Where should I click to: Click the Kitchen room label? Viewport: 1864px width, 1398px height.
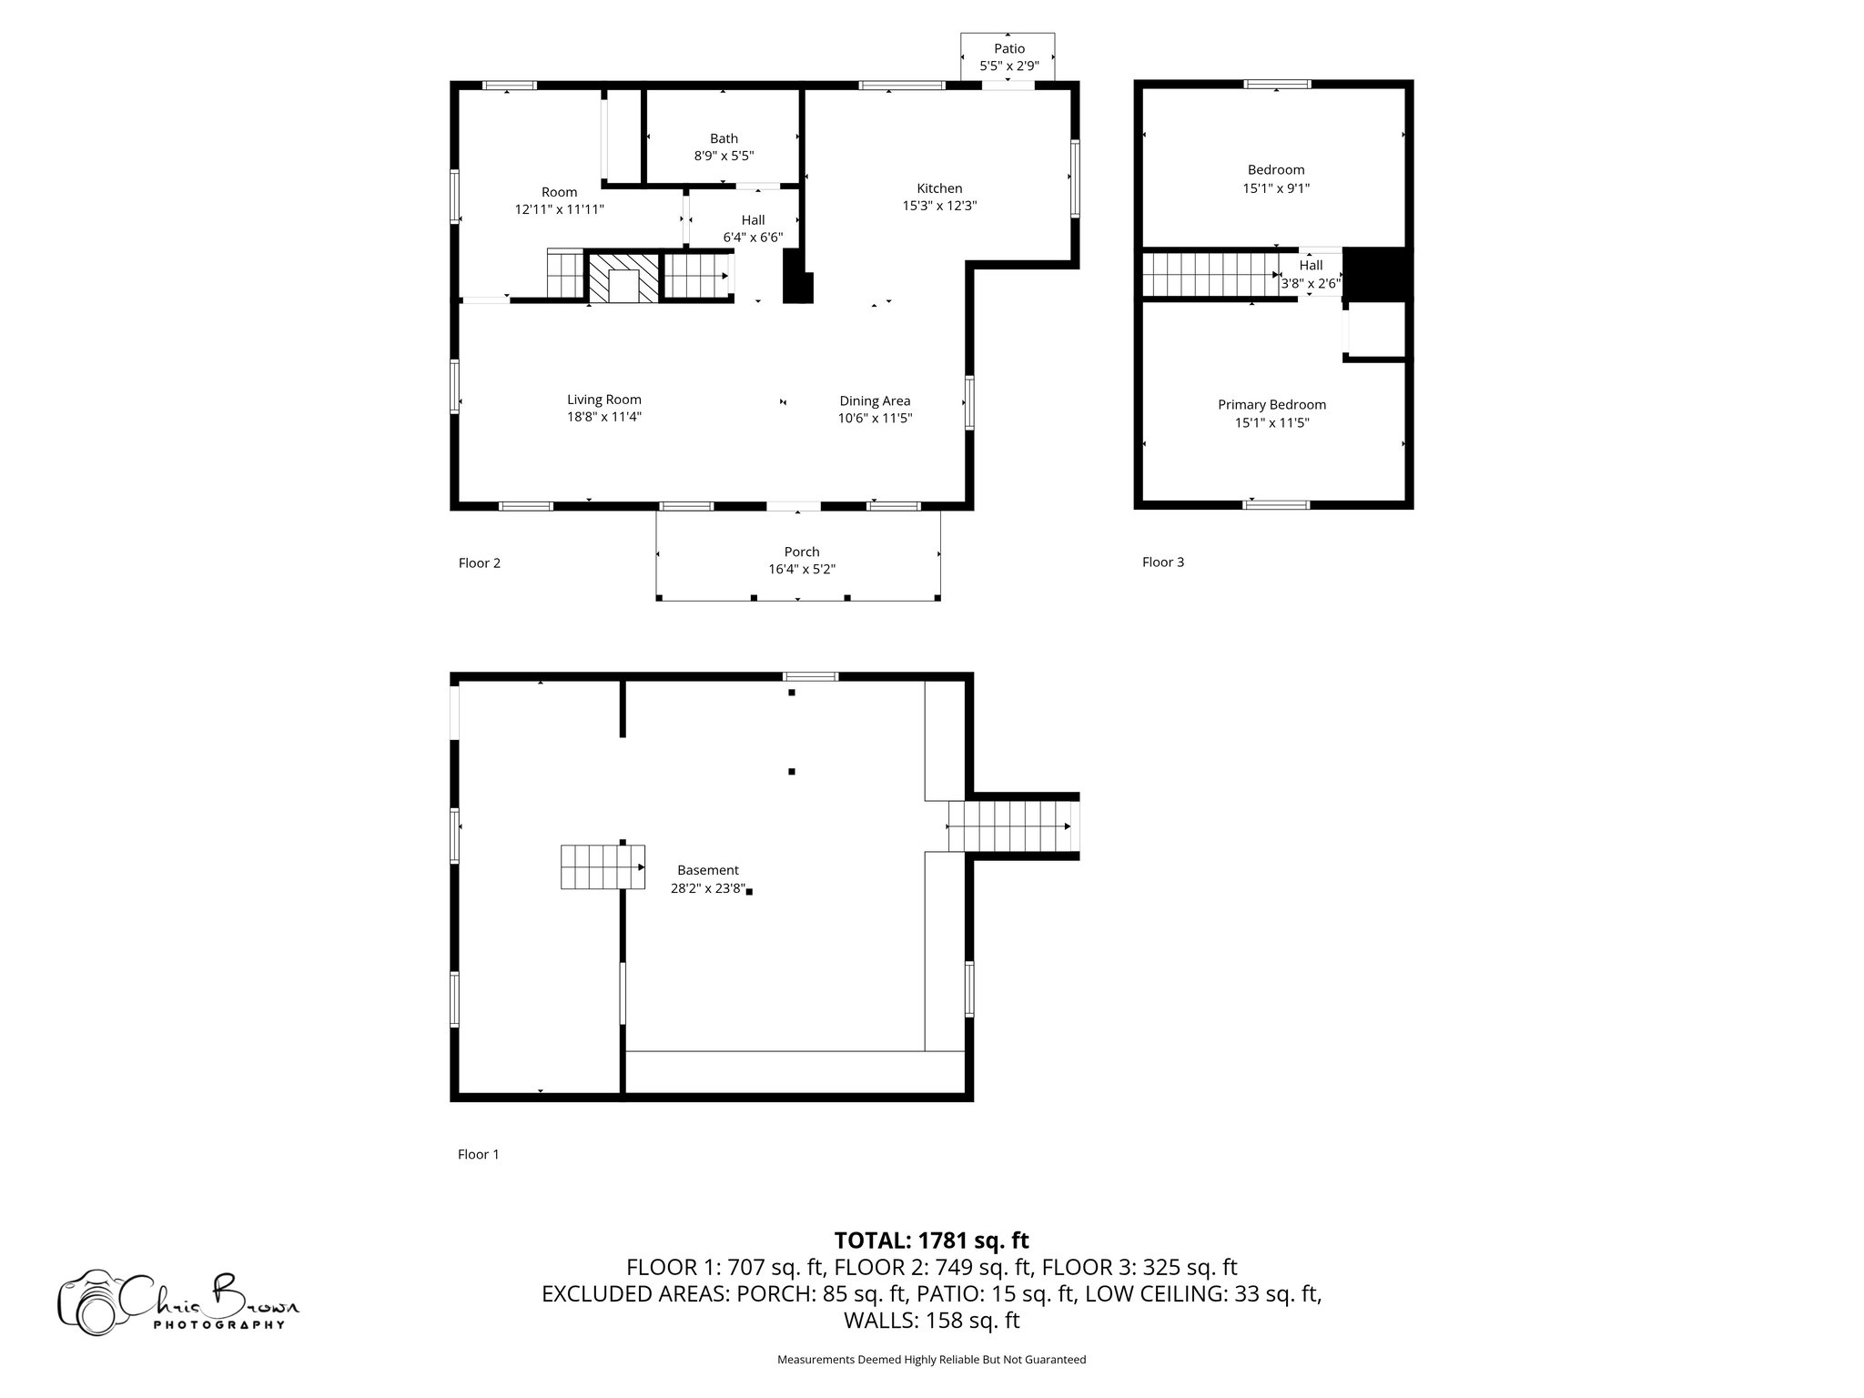pyautogui.click(x=939, y=188)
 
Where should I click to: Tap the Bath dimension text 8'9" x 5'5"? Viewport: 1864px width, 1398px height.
pyautogui.click(x=724, y=156)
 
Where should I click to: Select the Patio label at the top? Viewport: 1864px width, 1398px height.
pyautogui.click(x=1009, y=49)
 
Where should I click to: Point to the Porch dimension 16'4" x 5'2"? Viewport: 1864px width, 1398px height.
pyautogui.click(x=802, y=570)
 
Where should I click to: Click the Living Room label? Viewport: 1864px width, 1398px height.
pyautogui.click(x=604, y=400)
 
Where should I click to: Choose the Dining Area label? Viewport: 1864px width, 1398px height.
pyautogui.click(x=875, y=401)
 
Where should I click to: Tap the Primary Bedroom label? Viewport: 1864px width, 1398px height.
pyautogui.click(x=1272, y=405)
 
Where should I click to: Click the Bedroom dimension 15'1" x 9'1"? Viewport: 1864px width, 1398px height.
pyautogui.click(x=1276, y=188)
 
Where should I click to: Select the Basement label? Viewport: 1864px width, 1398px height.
pyautogui.click(x=708, y=870)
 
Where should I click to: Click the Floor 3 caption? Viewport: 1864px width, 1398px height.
pyautogui.click(x=1163, y=562)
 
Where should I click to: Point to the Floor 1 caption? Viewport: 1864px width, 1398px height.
pyautogui.click(x=479, y=1155)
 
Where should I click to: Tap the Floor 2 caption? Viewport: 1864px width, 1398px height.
pyautogui.click(x=480, y=563)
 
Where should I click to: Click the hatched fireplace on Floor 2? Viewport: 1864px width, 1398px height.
pyautogui.click(x=623, y=278)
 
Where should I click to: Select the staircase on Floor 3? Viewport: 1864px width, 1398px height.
pyautogui.click(x=1211, y=275)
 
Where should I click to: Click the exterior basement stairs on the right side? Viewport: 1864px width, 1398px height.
pyautogui.click(x=1013, y=826)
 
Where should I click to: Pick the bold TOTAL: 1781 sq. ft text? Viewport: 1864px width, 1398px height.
pyautogui.click(x=932, y=1240)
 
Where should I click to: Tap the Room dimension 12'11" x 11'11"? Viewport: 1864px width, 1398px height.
pyautogui.click(x=560, y=209)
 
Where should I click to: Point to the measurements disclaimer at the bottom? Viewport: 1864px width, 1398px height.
pyautogui.click(x=932, y=1360)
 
